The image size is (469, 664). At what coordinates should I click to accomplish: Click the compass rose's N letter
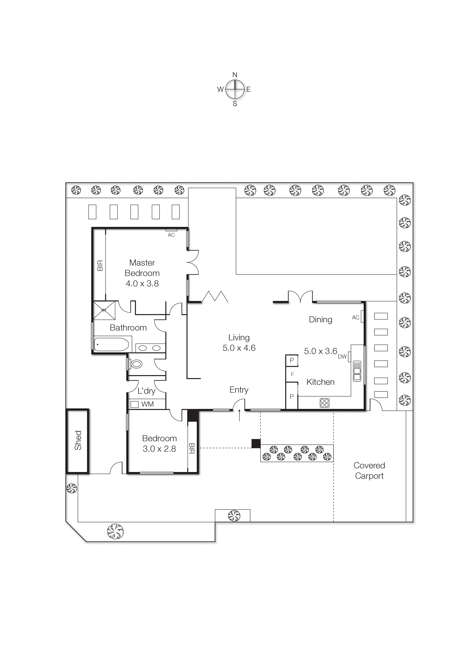coord(235,75)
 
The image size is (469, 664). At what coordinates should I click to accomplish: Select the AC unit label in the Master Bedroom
coord(171,235)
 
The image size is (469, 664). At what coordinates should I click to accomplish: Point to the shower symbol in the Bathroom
coord(104,310)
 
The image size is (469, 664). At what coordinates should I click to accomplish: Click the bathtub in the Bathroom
coord(111,344)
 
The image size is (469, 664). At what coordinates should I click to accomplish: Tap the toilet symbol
coord(136,364)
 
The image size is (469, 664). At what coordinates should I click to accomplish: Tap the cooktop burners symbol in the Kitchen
coord(325,403)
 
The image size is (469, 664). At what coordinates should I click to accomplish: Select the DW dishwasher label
coord(342,357)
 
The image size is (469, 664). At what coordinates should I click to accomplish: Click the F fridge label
coord(292,375)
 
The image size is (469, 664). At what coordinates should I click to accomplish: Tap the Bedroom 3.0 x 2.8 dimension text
coord(159,449)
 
